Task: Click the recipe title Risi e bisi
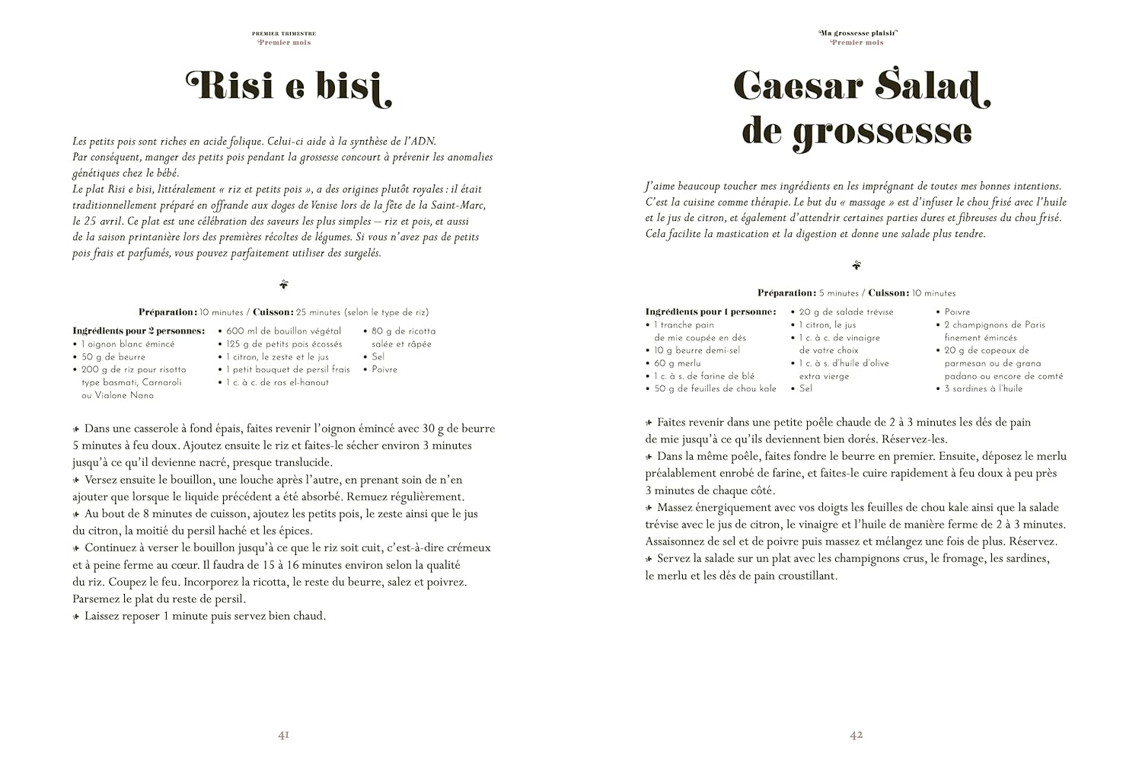289,86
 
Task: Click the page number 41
283,736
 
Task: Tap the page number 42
856,736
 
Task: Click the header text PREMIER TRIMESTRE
284,34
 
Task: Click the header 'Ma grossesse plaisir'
857,34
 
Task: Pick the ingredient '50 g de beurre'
113,356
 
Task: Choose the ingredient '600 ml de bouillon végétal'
283,331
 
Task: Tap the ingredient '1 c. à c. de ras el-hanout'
277,382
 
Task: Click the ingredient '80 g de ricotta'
404,331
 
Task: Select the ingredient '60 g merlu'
677,363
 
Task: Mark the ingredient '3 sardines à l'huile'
983,388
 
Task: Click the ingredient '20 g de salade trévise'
845,312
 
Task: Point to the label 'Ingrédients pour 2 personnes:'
139,331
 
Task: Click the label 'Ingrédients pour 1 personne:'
710,312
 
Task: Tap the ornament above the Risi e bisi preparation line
284,285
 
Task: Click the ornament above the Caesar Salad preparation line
856,266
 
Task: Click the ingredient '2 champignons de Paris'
994,325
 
